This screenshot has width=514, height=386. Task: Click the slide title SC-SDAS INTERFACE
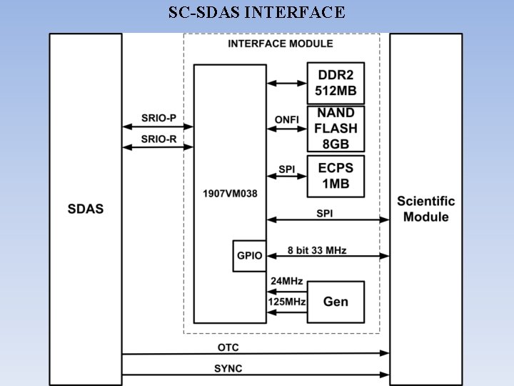[257, 12]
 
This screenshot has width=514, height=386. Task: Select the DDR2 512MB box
[336, 83]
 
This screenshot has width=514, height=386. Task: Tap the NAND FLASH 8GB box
[336, 128]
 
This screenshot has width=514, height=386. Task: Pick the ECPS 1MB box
[336, 176]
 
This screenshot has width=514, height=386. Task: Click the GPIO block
[248, 256]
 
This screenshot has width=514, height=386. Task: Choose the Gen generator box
[336, 302]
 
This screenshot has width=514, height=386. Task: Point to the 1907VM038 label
[229, 193]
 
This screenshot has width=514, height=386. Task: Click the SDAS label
[86, 209]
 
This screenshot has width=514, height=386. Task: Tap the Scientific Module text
[425, 209]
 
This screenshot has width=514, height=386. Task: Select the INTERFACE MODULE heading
[281, 44]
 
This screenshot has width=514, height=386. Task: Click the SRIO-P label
[158, 117]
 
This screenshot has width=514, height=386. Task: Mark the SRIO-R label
[158, 139]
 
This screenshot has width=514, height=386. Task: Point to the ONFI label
[286, 119]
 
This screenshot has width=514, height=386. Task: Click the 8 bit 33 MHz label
[317, 250]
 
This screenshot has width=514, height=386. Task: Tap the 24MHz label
[286, 281]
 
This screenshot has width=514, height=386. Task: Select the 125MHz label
[286, 302]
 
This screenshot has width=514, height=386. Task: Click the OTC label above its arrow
[228, 347]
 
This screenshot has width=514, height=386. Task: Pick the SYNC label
[228, 368]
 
